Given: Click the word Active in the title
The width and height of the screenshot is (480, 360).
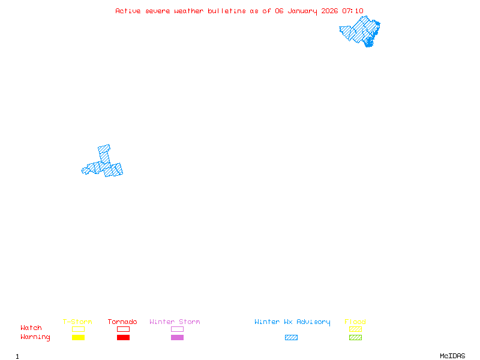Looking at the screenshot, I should tap(128, 11).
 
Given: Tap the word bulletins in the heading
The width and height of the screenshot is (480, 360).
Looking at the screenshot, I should tap(227, 11).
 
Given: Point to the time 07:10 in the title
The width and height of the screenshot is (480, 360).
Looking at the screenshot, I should tap(353, 11).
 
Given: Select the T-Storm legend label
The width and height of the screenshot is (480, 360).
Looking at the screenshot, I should tap(77, 322).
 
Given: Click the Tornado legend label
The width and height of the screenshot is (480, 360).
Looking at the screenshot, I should tap(122, 322).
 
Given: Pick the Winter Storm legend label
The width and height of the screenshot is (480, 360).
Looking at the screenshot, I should tap(175, 322).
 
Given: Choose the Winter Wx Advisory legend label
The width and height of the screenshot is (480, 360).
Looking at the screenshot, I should tap(292, 322).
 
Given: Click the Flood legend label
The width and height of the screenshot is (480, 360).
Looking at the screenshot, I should tap(355, 322).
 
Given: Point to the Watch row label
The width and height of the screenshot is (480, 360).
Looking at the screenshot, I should tap(31, 328).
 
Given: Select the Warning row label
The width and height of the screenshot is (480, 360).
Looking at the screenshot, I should tap(35, 337).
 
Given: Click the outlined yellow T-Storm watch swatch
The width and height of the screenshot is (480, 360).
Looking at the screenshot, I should tap(78, 329).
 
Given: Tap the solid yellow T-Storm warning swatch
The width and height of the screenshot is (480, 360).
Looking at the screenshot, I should tap(78, 338).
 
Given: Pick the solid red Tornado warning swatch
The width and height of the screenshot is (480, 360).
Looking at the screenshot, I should tap(123, 338).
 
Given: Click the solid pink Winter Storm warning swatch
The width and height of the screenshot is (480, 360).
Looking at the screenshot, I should tap(177, 338).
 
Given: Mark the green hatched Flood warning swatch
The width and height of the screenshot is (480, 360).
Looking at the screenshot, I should tap(355, 338).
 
